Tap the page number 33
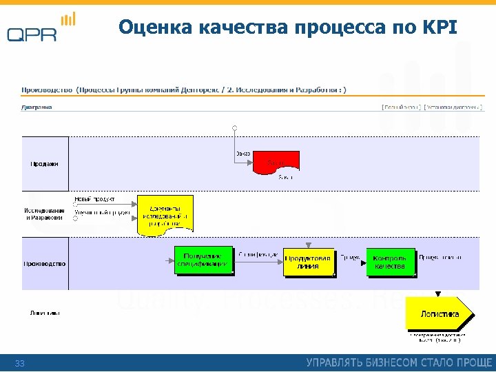pos(19,363)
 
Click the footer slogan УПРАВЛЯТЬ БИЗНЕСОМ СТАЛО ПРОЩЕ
pos(399,362)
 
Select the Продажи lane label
pos(45,164)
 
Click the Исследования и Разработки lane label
pos(45,214)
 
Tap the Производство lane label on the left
pos(45,263)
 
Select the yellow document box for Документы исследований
pos(165,215)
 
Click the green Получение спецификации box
pos(203,260)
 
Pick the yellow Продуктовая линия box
pos(309,262)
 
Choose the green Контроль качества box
pos(391,262)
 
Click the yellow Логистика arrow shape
pos(439,314)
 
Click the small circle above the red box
pos(234,127)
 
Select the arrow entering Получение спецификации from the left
pos(168,260)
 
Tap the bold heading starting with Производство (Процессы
pos(183,89)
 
